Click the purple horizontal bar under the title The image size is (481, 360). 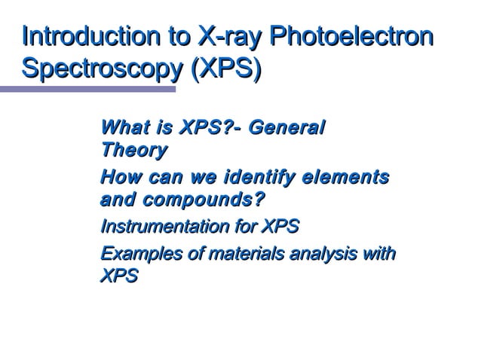coord(87,90)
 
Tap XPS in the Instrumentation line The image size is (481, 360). coord(280,227)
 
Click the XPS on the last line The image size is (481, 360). coord(119,277)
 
